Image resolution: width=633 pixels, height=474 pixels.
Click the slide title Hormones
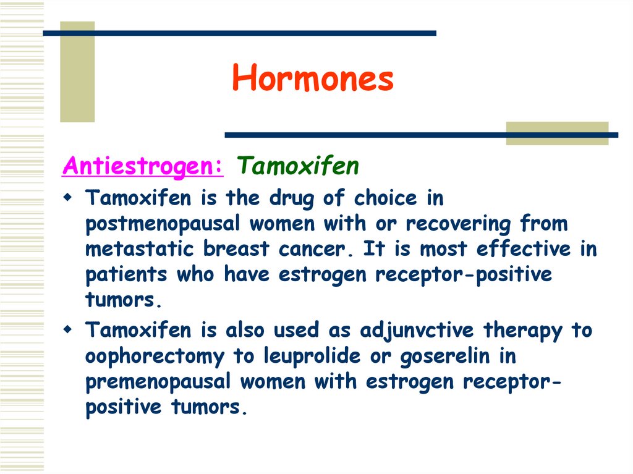[x=313, y=79]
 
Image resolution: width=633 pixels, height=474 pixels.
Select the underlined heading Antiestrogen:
[x=143, y=166]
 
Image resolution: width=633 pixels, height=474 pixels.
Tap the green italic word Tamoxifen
[x=298, y=166]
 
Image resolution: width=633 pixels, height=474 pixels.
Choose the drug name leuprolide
[x=308, y=357]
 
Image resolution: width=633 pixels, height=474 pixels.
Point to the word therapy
[x=523, y=331]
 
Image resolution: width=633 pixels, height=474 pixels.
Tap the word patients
[x=126, y=275]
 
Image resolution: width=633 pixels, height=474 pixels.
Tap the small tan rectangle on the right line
[x=556, y=133]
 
